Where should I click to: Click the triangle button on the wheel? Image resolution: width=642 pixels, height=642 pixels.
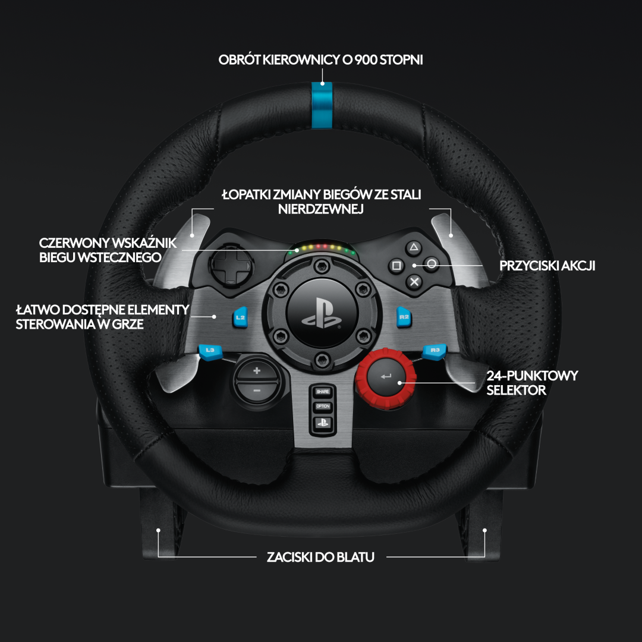(414, 247)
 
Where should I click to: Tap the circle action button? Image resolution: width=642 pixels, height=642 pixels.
(432, 265)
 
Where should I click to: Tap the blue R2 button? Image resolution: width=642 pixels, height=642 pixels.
(404, 317)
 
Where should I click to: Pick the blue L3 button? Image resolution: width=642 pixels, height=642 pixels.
(209, 351)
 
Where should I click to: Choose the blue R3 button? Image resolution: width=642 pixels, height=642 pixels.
(435, 351)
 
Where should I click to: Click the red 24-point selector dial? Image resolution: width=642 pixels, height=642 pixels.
(386, 376)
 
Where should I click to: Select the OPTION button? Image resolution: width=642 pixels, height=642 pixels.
(322, 407)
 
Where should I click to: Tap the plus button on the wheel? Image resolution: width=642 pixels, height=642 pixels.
(257, 372)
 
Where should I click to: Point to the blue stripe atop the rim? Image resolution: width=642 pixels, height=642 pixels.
(322, 105)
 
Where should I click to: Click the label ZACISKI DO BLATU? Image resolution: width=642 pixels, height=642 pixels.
(321, 558)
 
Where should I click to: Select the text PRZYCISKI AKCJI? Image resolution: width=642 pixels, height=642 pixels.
(547, 266)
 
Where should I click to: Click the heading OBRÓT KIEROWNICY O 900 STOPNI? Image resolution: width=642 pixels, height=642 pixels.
(321, 60)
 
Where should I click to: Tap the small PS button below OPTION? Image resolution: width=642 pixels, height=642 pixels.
(322, 422)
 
